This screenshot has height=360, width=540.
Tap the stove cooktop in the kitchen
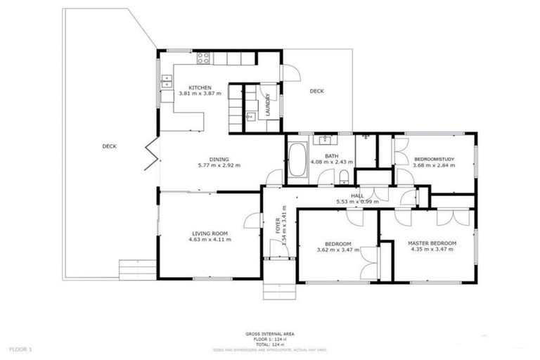(203, 58)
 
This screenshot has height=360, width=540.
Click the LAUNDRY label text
(267, 104)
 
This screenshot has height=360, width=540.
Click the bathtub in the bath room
(296, 160)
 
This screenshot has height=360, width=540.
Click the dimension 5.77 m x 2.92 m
(219, 165)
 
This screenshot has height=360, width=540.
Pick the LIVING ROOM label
(210, 233)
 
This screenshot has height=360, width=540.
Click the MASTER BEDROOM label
(432, 243)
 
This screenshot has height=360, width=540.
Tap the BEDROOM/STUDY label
(434, 160)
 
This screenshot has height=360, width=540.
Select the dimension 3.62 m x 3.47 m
(334, 250)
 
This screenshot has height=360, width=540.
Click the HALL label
(357, 195)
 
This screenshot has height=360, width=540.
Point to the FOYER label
(278, 226)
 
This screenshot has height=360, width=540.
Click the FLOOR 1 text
(21, 349)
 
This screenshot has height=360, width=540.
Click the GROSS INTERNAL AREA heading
(270, 334)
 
